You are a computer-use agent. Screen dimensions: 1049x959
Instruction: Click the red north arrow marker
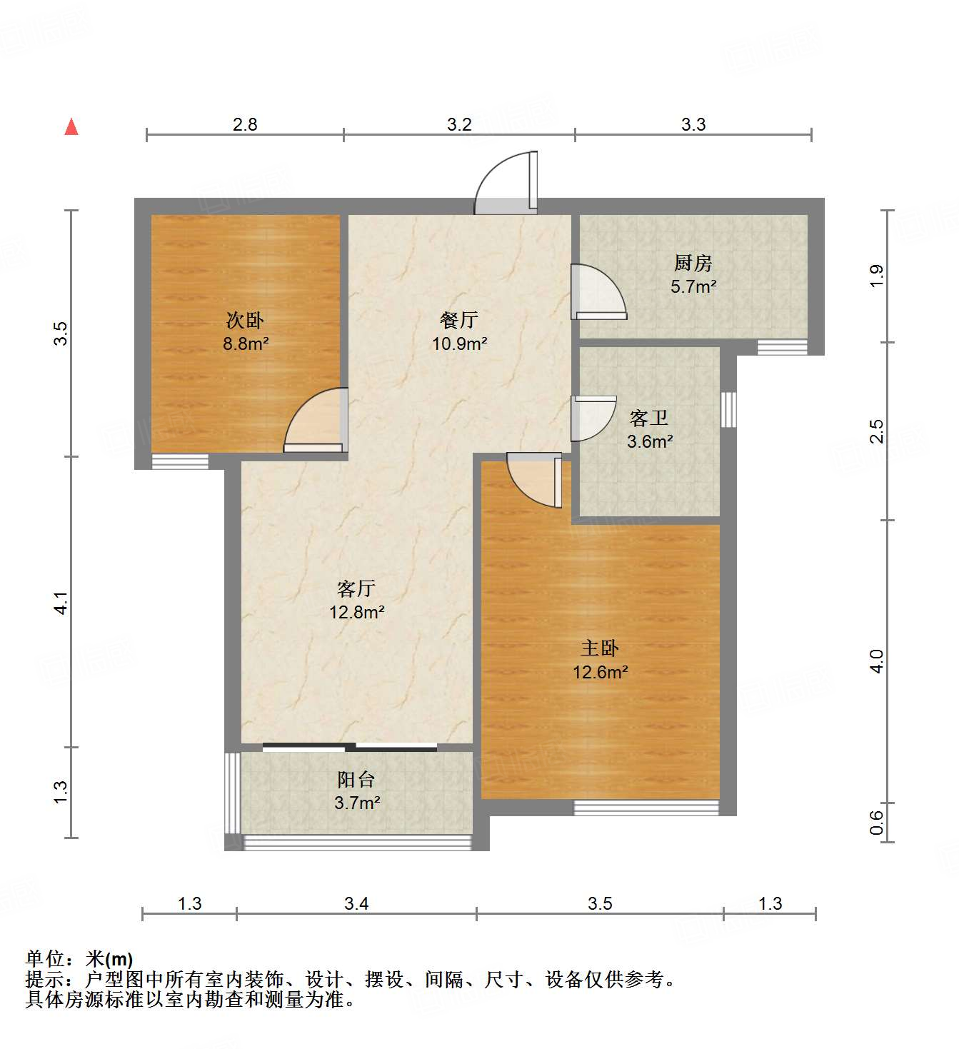[x=71, y=127]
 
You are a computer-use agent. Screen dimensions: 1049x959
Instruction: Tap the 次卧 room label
[x=245, y=320]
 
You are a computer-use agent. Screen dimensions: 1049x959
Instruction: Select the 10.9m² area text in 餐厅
[x=459, y=343]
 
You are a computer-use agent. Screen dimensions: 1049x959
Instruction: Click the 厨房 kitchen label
[x=693, y=263]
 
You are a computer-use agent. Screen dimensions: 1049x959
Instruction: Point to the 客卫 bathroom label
[x=649, y=418]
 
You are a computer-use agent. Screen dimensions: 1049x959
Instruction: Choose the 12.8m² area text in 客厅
[x=356, y=612]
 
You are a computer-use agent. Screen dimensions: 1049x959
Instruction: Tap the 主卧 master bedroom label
[x=600, y=648]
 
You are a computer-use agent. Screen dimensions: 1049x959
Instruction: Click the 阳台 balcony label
[x=356, y=780]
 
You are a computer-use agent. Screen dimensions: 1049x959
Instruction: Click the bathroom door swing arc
[x=594, y=419]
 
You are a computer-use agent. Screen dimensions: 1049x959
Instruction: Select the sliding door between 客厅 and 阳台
[x=350, y=748]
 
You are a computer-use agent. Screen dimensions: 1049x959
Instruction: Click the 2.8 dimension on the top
[x=245, y=124]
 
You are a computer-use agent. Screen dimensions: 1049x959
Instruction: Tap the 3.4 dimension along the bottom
[x=356, y=903]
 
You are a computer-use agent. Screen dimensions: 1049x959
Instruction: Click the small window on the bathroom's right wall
[x=728, y=410]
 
